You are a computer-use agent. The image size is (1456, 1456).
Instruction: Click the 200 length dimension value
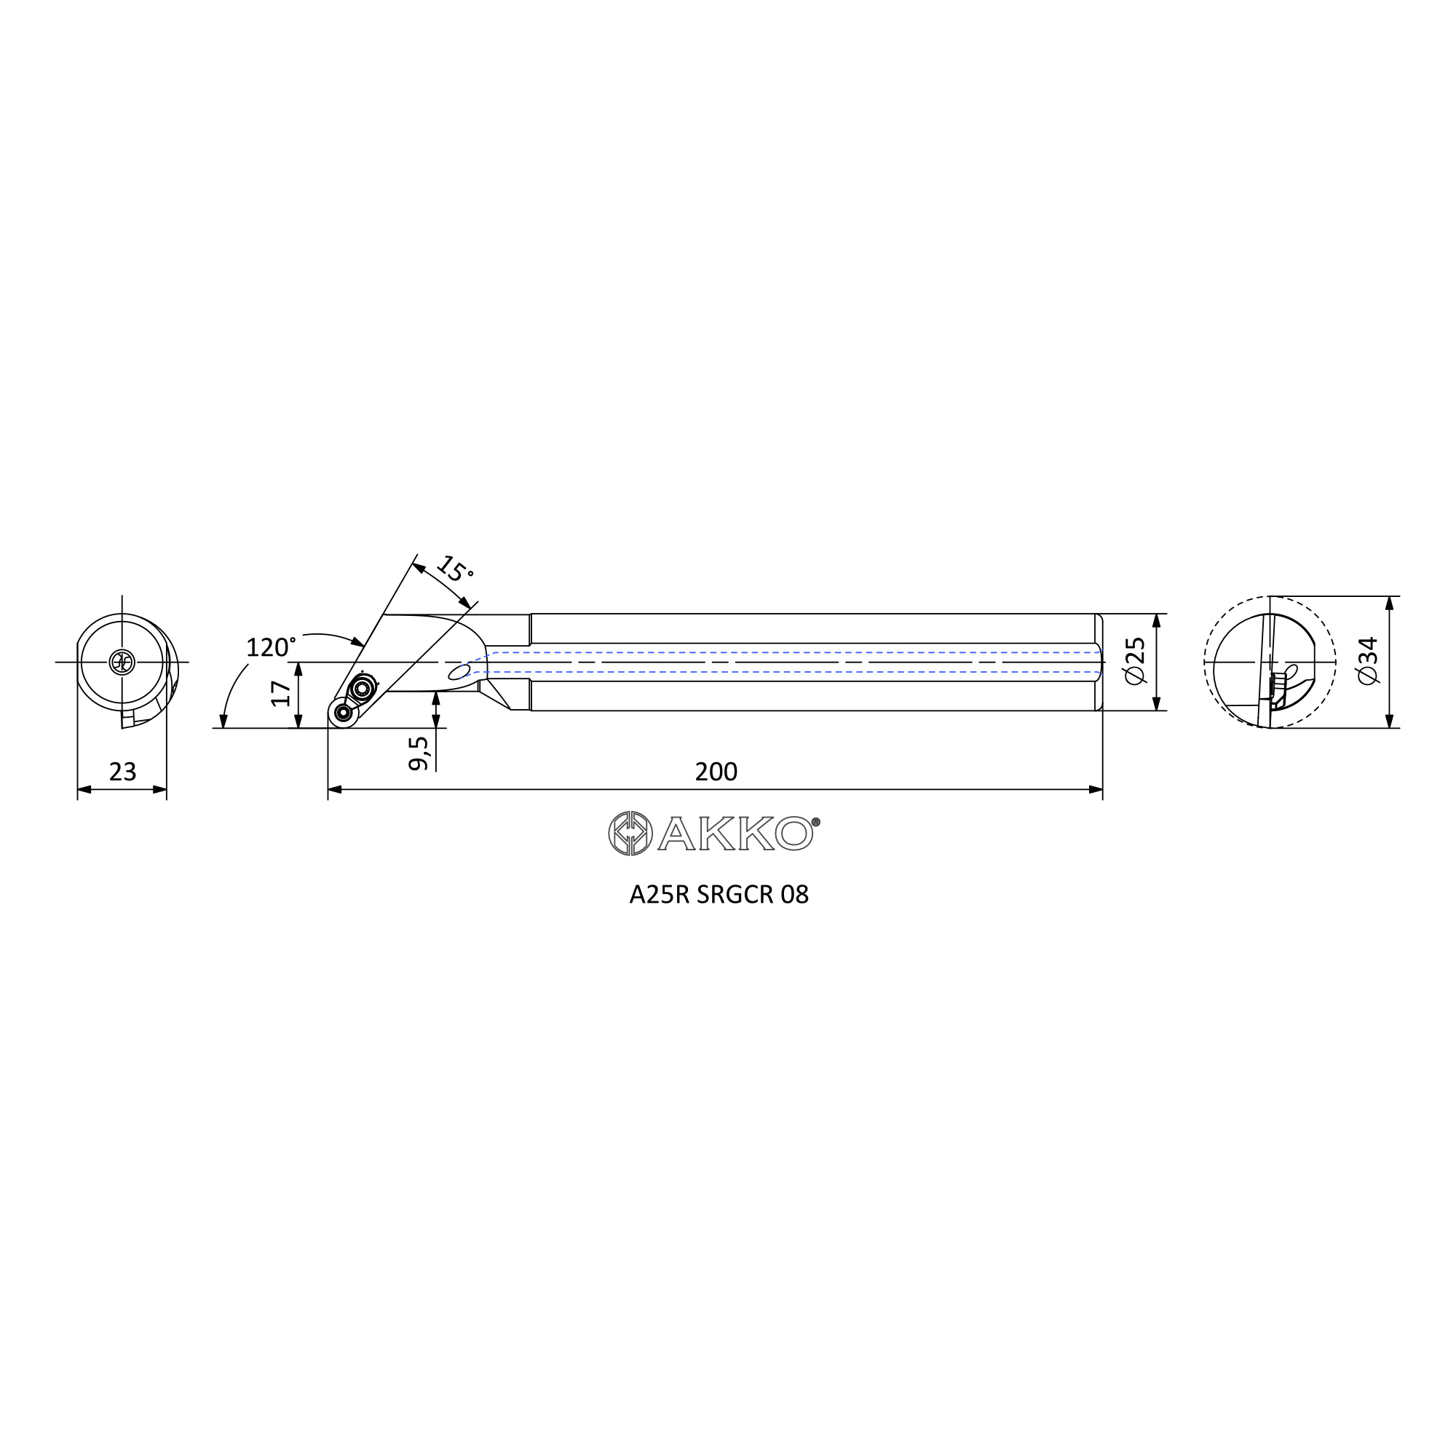(716, 772)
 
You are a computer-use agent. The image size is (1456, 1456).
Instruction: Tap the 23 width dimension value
(123, 772)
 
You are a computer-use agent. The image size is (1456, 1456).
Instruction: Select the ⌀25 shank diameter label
(1134, 661)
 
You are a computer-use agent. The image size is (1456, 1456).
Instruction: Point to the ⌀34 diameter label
(1367, 661)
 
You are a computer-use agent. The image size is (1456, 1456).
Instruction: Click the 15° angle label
(455, 571)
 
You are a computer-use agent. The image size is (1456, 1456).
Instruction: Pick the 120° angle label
(271, 646)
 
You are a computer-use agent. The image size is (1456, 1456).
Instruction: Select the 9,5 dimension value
(419, 753)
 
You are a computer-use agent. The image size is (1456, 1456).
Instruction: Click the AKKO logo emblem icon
(630, 834)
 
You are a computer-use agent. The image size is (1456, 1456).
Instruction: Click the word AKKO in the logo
(735, 834)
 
